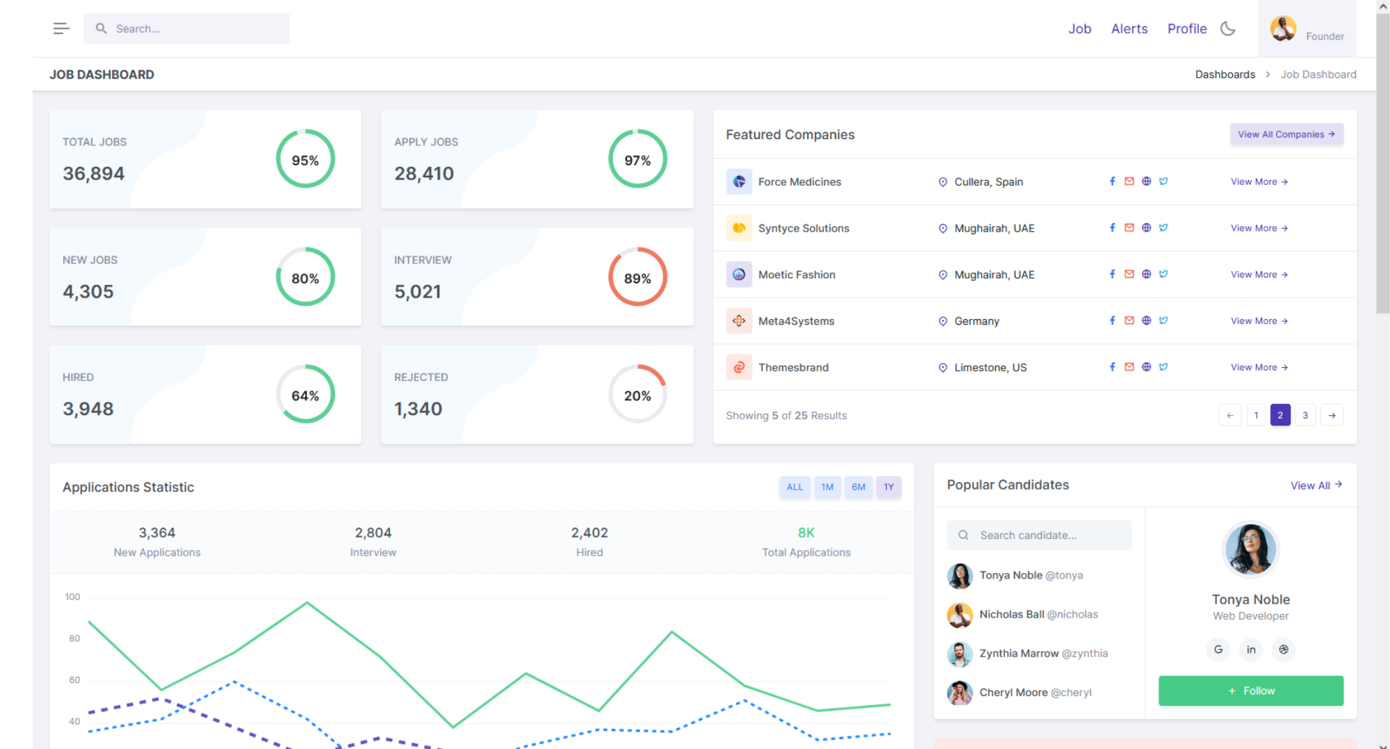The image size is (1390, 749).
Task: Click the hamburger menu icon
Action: pos(61,29)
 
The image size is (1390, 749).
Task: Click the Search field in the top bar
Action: pos(186,29)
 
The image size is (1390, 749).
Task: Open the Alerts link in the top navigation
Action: pos(1129,29)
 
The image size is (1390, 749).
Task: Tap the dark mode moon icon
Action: pos(1228,29)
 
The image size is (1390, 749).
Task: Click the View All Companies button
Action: pos(1286,134)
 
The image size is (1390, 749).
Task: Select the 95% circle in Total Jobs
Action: pos(305,159)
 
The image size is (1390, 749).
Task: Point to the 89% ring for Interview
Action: pos(637,277)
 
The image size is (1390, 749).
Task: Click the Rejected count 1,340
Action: pos(418,409)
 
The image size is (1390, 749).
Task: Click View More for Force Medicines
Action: pos(1259,182)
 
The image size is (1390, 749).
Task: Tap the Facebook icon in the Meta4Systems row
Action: pos(1112,321)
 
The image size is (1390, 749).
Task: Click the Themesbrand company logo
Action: pos(739,367)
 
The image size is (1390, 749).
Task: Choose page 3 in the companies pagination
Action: pos(1305,415)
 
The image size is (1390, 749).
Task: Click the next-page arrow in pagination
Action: pos(1332,415)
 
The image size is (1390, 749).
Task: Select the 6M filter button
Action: pos(858,487)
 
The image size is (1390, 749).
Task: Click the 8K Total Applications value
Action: pos(806,533)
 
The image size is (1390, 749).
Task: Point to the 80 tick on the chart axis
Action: pos(74,638)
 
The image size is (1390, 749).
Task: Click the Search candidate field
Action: pos(1039,535)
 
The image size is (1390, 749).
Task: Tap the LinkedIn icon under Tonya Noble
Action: pos(1250,650)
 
